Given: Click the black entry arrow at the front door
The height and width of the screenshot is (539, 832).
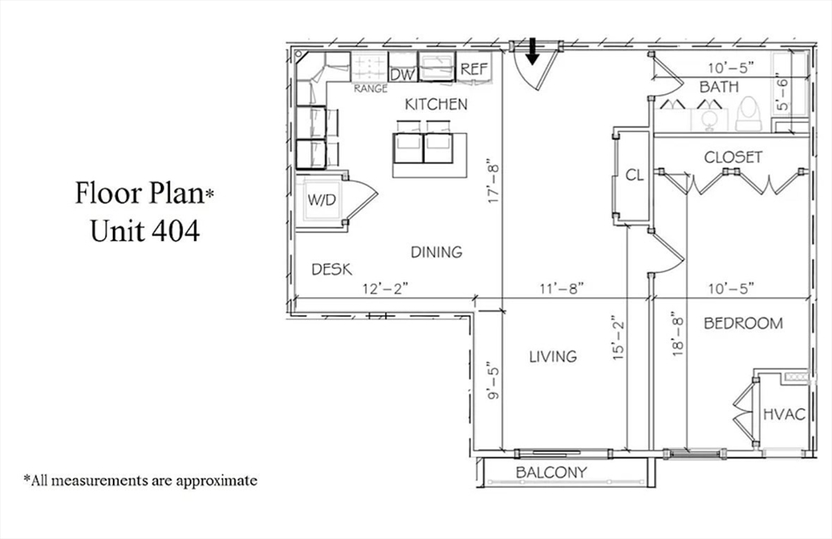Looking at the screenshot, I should point(532,51).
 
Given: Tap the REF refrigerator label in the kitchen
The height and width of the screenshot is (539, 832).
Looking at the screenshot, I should point(474,70).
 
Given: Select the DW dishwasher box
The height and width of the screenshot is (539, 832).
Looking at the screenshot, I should point(403,74).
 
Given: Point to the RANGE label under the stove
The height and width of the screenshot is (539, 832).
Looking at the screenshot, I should point(370,89).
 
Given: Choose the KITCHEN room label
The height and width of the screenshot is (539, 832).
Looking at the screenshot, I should point(436,105).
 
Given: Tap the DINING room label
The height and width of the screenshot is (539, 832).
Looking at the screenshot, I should point(436,252).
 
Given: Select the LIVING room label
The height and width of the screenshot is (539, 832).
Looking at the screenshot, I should point(553,356).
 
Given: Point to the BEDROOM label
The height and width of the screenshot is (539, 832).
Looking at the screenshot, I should point(743,323).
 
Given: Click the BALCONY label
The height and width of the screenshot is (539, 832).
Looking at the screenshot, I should point(551,472).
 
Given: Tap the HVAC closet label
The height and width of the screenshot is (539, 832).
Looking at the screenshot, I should point(783,414).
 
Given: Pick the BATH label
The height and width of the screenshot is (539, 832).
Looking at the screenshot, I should point(719,87).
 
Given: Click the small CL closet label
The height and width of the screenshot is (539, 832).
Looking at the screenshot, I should point(635,174).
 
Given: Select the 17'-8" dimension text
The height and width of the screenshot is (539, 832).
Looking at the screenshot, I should point(492,181).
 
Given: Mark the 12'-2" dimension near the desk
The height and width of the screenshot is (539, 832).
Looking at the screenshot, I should point(384,287).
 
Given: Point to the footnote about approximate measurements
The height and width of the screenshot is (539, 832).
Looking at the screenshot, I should point(140,481).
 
